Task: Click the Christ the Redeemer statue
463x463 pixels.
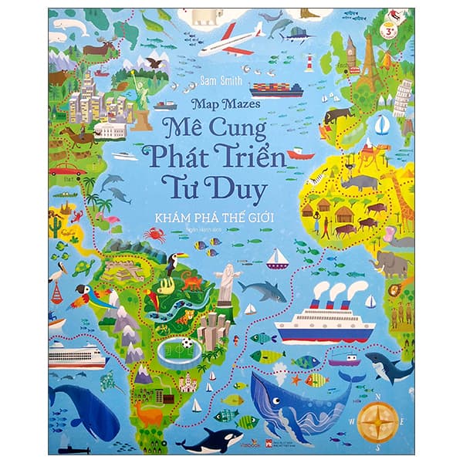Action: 227,281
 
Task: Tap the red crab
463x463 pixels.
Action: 154,234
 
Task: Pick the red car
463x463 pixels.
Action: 69,169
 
